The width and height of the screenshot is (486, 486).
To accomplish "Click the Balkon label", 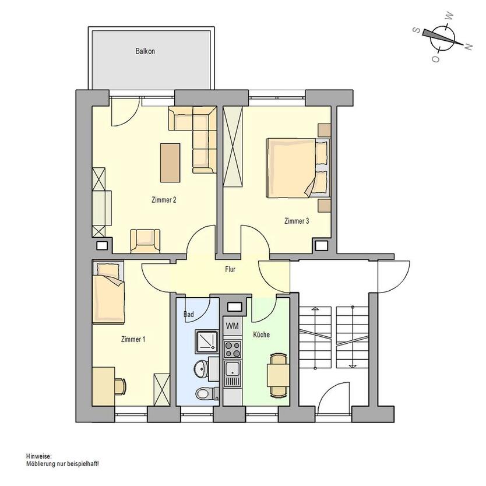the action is [x=145, y=51].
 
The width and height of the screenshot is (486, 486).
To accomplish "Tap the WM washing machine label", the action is [x=232, y=326].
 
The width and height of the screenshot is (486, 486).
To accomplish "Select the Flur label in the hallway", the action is [x=230, y=269].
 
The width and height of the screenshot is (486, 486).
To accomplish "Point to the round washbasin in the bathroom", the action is [x=202, y=369].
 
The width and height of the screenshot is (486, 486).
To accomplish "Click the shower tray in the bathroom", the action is [x=207, y=341].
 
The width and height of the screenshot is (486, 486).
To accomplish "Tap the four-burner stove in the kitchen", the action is [x=233, y=349].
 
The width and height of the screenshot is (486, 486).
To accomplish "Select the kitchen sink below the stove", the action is [x=233, y=374].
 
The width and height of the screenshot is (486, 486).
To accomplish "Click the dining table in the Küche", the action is [x=279, y=375].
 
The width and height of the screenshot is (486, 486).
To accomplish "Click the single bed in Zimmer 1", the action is [x=108, y=293].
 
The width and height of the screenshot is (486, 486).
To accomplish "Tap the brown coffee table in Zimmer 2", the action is [x=170, y=163].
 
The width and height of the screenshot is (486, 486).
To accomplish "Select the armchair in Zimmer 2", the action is [x=145, y=241].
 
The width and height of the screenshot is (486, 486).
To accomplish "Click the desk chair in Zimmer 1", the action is [x=121, y=386].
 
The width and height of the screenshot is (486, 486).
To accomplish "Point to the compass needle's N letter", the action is [x=469, y=47].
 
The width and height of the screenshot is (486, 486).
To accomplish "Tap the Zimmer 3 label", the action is [x=297, y=221].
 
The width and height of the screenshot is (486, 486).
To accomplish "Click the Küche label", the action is [x=261, y=334].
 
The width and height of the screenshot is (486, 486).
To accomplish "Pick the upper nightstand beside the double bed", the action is [x=325, y=130].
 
